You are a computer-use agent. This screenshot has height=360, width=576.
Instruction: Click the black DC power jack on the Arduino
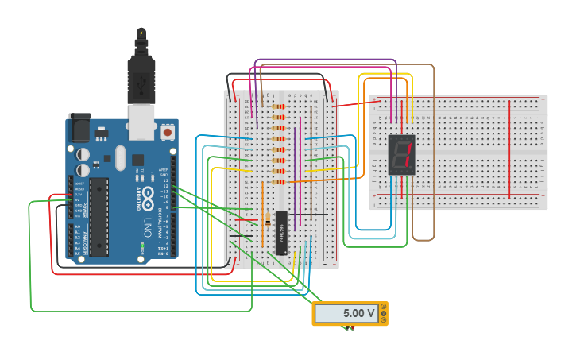79,128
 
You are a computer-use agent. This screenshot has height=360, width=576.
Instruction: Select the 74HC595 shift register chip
281,232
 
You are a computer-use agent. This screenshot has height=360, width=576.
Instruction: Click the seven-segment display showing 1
402,155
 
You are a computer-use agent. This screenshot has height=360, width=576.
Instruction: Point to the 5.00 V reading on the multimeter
358,313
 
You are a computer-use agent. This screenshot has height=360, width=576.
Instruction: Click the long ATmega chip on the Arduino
99,218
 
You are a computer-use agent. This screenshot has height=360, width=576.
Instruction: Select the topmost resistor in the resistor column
278,106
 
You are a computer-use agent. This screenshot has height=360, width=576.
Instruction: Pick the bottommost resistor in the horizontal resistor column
278,181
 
